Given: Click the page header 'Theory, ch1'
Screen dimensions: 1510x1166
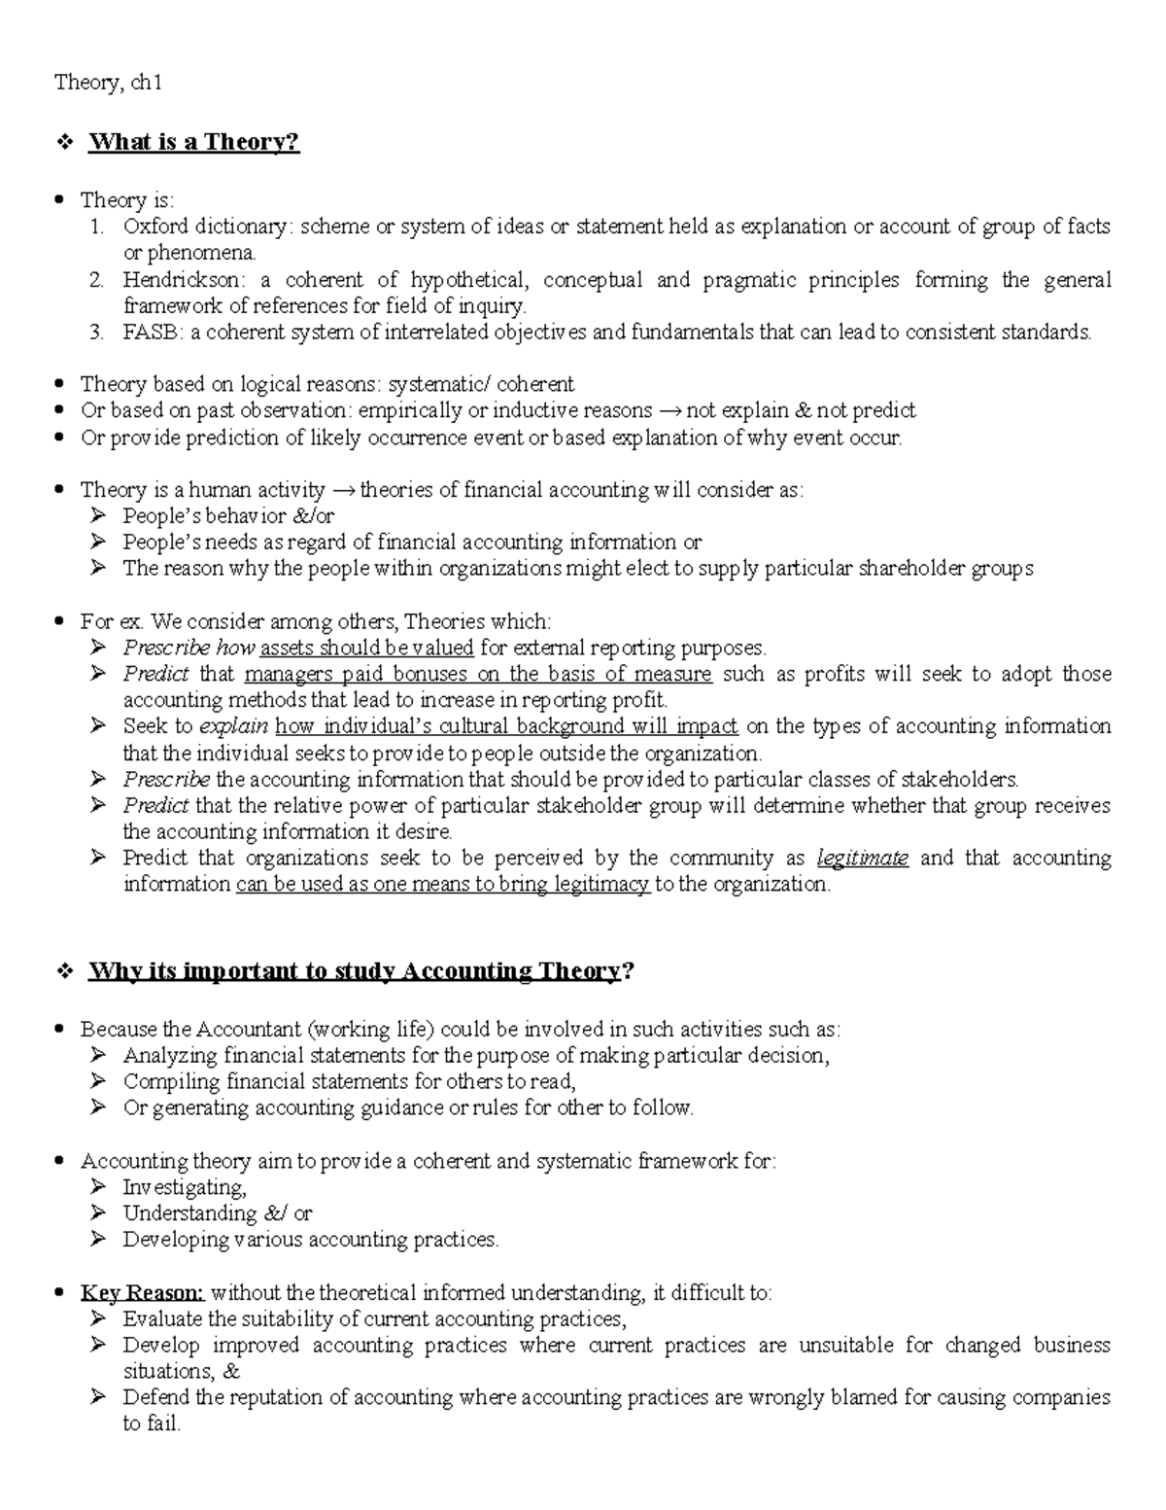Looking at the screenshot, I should click(x=108, y=83).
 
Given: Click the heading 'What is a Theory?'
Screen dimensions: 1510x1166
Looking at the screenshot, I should click(x=193, y=142).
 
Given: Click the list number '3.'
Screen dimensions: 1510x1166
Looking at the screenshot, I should click(x=95, y=333).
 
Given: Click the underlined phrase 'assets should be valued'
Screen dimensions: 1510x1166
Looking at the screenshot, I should click(x=367, y=648).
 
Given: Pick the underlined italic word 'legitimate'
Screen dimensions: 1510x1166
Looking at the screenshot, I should click(x=862, y=858).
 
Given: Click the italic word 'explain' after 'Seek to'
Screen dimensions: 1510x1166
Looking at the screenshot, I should click(x=234, y=726).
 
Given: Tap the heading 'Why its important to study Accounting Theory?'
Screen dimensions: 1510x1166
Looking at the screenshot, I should click(x=355, y=971).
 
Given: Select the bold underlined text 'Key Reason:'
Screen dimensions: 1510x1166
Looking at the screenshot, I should click(x=142, y=1292).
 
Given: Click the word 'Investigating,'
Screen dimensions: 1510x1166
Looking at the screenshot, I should click(x=185, y=1187).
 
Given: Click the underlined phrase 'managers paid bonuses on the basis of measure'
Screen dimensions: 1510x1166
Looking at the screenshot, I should click(x=478, y=674).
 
